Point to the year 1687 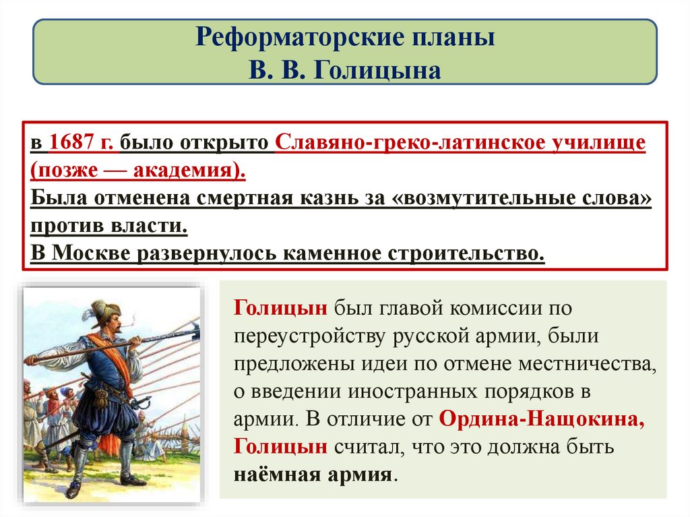click(75, 143)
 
